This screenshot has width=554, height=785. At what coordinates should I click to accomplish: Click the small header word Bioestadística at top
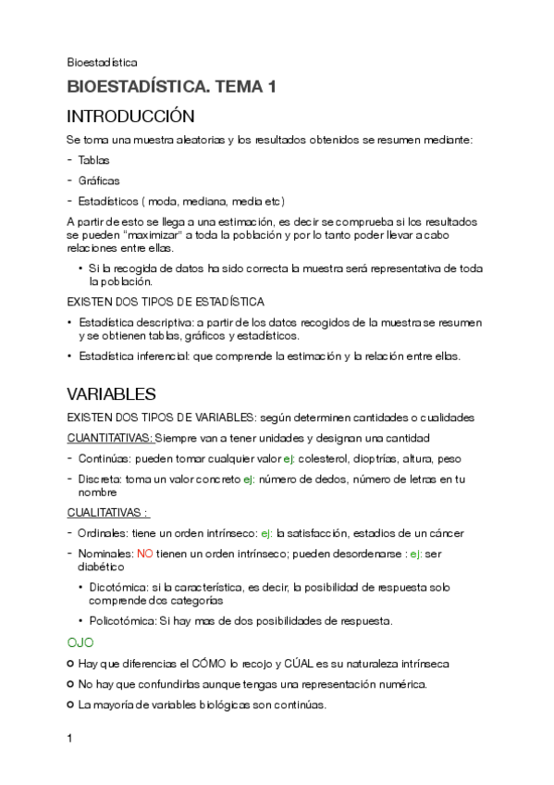tap(102, 62)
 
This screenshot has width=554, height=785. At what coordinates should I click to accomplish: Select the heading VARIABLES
tap(112, 393)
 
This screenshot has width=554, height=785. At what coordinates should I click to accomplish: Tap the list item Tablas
tap(94, 160)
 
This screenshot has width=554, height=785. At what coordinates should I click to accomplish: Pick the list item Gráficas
tap(99, 181)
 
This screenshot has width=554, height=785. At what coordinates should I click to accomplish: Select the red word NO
tap(144, 554)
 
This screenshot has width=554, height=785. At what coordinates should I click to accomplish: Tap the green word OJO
tap(80, 642)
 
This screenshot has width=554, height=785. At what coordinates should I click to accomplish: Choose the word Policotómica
tap(123, 620)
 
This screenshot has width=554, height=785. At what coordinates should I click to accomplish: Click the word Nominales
tap(106, 554)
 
